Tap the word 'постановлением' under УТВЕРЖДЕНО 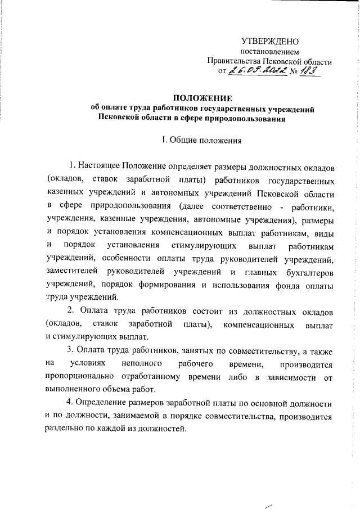[269, 52]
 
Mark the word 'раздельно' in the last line [65, 429]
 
